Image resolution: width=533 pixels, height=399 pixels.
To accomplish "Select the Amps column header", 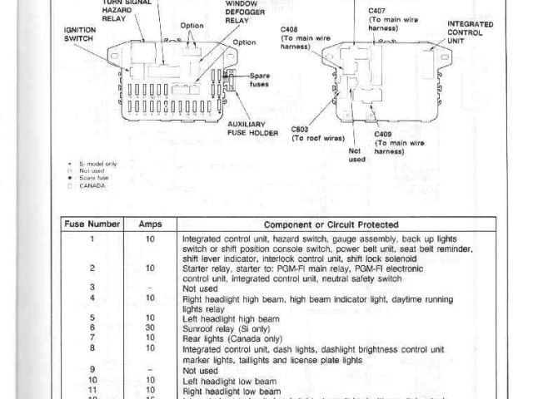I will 150,224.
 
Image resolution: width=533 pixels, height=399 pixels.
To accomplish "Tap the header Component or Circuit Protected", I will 331,224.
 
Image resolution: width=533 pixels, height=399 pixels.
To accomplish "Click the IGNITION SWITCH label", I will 79,32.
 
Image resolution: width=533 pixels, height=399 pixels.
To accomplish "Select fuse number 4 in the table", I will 93,298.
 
